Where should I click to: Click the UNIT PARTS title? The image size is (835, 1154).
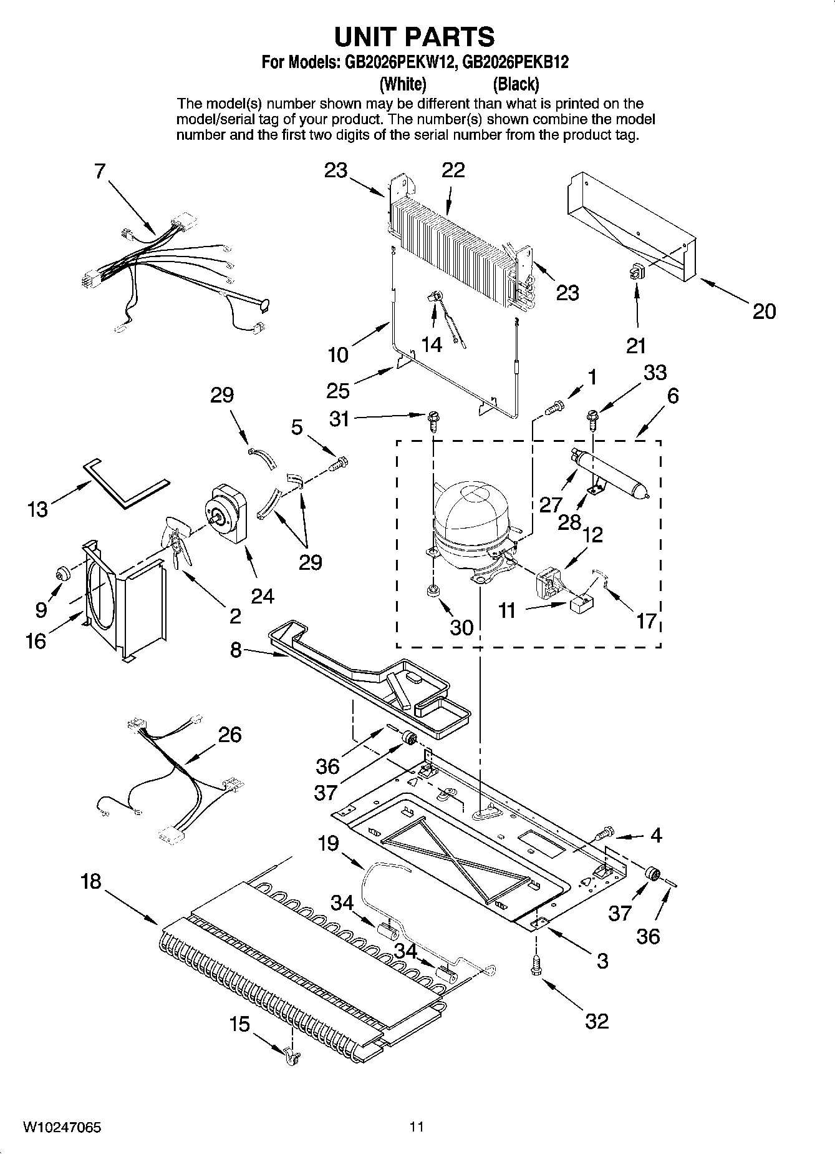click(414, 37)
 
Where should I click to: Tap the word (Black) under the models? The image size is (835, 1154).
click(516, 84)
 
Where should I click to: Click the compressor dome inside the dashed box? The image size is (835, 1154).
click(471, 509)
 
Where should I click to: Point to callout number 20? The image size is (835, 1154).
click(764, 311)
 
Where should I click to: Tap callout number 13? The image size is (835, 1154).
click(37, 509)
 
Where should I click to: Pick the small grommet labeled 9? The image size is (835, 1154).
click(63, 572)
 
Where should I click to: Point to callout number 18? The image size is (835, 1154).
click(91, 882)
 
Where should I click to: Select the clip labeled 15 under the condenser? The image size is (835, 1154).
click(291, 1054)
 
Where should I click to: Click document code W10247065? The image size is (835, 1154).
click(62, 1128)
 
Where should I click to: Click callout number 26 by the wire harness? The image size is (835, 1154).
click(229, 735)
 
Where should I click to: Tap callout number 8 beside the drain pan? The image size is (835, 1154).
click(236, 650)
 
